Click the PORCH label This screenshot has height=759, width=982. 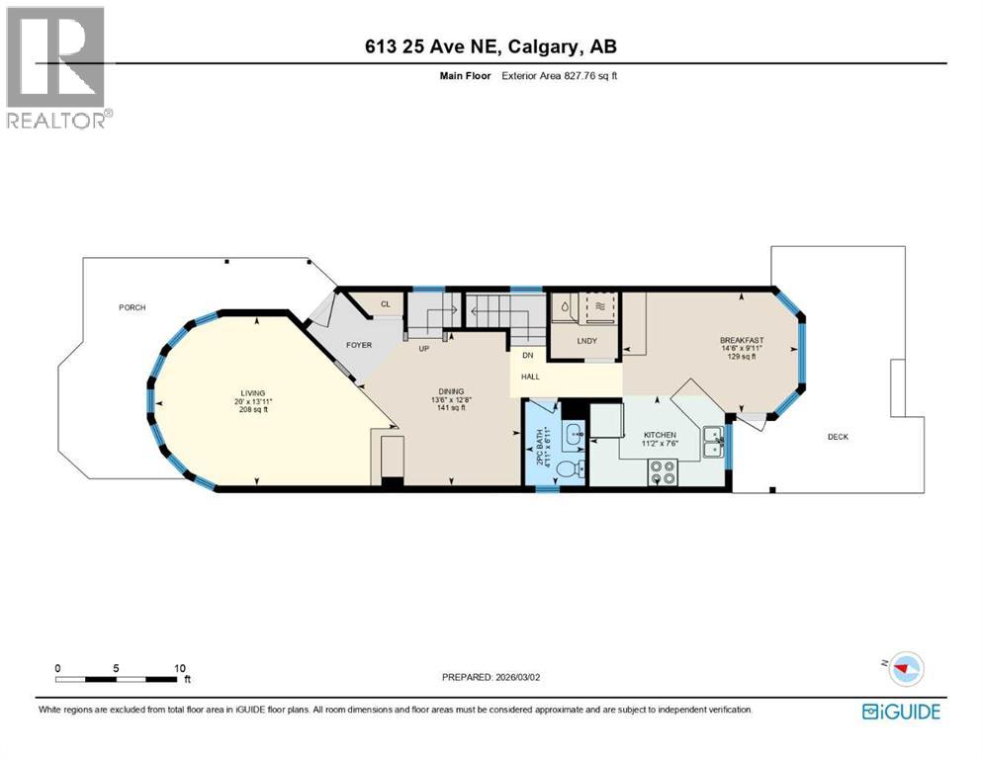[x=133, y=307]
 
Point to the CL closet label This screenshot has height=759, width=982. [x=385, y=304]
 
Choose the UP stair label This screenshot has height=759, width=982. [x=423, y=349]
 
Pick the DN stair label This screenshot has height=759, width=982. [x=528, y=355]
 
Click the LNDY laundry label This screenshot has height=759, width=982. [x=586, y=342]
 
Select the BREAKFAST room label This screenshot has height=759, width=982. [x=742, y=340]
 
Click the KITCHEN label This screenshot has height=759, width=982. [x=660, y=434]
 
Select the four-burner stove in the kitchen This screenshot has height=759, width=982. [x=663, y=473]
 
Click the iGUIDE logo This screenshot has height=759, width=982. [x=901, y=712]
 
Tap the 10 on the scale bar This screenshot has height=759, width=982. [x=180, y=668]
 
